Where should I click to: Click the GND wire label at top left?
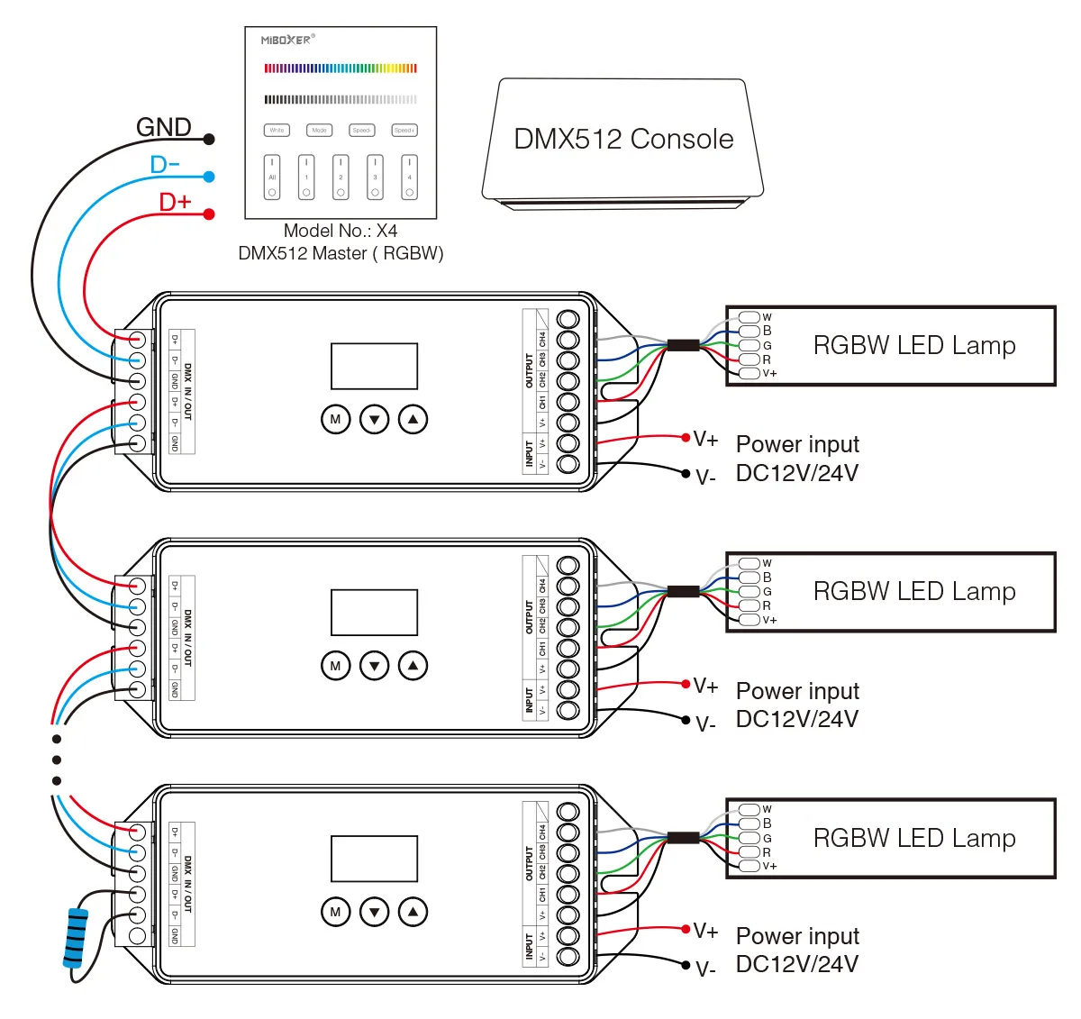(x=163, y=127)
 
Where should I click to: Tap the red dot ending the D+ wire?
(x=209, y=214)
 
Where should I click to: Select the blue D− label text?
(x=165, y=165)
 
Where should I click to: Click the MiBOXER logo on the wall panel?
(x=286, y=41)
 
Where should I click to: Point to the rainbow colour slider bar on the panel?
(x=341, y=68)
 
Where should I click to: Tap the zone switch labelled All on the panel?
(x=272, y=177)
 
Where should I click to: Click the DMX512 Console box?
(x=622, y=140)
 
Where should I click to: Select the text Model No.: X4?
(x=341, y=232)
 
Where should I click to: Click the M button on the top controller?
(x=335, y=419)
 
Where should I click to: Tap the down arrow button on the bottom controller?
(x=374, y=912)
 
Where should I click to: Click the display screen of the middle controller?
(x=374, y=613)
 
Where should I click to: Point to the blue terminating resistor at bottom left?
(x=76, y=937)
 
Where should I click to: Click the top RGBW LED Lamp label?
(x=913, y=346)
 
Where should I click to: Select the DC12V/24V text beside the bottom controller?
(x=796, y=964)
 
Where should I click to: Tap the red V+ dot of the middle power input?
(x=686, y=684)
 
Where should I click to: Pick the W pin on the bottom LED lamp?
(x=749, y=809)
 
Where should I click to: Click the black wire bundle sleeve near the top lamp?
(x=683, y=344)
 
